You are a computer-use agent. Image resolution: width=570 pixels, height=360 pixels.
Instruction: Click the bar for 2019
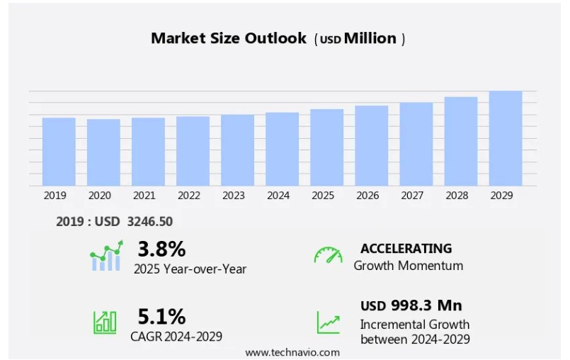(x=59, y=152)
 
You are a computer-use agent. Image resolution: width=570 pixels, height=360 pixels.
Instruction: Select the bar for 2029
(x=506, y=138)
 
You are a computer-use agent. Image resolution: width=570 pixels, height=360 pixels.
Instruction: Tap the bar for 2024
(x=282, y=149)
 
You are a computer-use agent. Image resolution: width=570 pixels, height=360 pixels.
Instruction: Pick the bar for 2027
(x=416, y=144)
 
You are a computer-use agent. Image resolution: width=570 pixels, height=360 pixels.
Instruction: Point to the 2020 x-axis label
(x=99, y=196)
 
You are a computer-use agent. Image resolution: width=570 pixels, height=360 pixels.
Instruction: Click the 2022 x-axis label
(x=188, y=196)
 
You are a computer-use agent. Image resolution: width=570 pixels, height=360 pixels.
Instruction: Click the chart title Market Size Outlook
(x=228, y=38)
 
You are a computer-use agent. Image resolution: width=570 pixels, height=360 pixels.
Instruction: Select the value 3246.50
(x=149, y=222)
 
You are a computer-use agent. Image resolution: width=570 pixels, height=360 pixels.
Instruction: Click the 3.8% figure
(x=161, y=249)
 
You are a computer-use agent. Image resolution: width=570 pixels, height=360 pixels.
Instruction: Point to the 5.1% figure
(x=161, y=316)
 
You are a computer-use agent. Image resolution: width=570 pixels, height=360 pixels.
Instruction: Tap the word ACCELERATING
(x=406, y=248)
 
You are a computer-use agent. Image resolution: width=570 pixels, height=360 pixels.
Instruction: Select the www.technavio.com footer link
(x=292, y=351)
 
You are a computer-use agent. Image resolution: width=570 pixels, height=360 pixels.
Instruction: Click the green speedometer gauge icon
(x=328, y=256)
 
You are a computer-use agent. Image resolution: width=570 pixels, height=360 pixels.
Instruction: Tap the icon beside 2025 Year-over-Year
(x=106, y=256)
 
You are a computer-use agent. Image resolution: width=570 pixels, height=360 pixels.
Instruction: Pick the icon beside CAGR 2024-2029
(x=105, y=322)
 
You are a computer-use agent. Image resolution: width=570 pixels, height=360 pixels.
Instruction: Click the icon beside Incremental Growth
(x=328, y=322)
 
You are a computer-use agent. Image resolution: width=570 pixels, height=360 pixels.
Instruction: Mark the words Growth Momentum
(x=408, y=266)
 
